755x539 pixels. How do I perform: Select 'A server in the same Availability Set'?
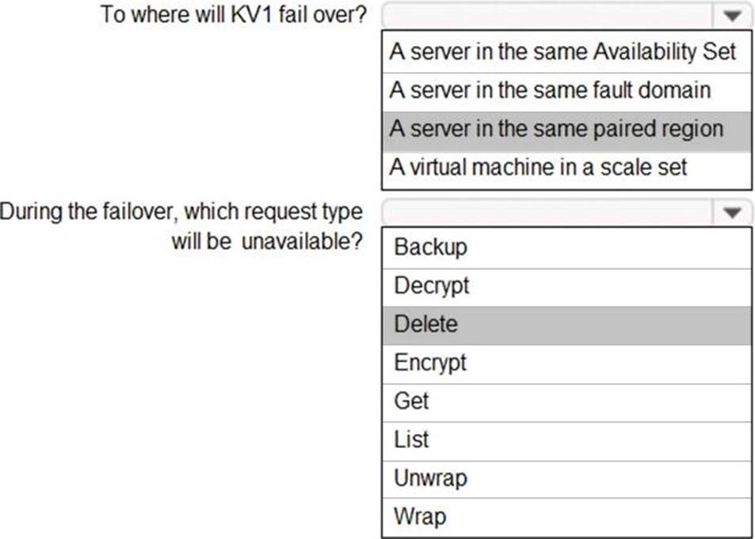(562, 51)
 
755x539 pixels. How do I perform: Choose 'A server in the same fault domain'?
(550, 90)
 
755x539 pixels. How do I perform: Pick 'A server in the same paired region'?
(556, 129)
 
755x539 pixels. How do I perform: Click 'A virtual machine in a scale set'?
(538, 168)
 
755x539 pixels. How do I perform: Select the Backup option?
(430, 248)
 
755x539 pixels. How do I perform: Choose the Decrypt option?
(432, 286)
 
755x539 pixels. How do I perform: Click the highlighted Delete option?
(425, 324)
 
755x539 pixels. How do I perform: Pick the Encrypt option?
(430, 362)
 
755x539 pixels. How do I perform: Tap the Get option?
(411, 400)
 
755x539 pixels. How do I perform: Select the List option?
(411, 439)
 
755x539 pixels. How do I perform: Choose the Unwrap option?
(430, 478)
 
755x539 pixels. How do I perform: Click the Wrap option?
(420, 516)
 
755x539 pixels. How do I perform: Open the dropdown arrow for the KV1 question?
(732, 16)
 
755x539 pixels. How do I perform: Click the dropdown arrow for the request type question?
(732, 212)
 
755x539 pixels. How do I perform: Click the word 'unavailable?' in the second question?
(301, 241)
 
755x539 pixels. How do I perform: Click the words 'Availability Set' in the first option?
(665, 51)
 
